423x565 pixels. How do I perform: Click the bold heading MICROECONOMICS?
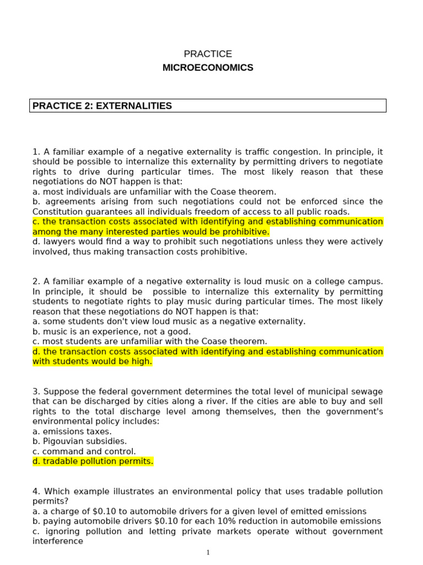208,68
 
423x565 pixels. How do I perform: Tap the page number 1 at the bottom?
208,552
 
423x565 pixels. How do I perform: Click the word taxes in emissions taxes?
100,431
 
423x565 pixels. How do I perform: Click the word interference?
58,541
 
